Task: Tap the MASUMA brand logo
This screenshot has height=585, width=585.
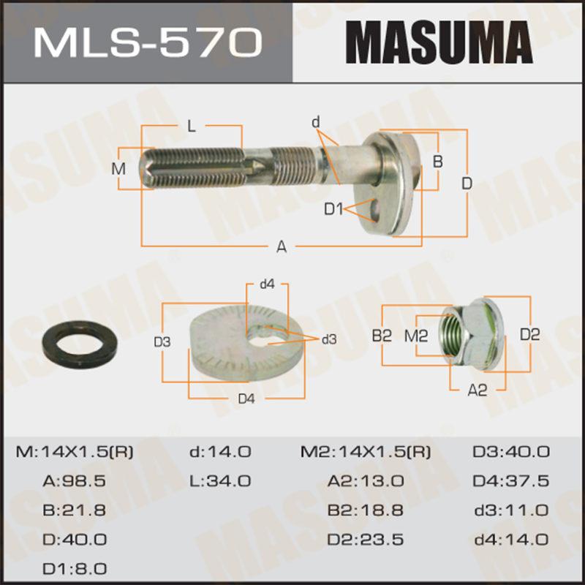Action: [x=439, y=42]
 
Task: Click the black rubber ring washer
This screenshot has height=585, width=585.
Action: [x=80, y=343]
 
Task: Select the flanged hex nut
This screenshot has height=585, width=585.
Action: [x=472, y=335]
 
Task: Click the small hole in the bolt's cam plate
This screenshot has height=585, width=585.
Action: [x=376, y=210]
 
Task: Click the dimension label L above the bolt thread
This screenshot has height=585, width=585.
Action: [x=192, y=127]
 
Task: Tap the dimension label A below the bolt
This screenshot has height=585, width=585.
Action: [x=282, y=246]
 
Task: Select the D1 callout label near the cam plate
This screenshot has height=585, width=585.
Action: [x=333, y=209]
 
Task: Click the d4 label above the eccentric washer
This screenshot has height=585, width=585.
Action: [x=267, y=284]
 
